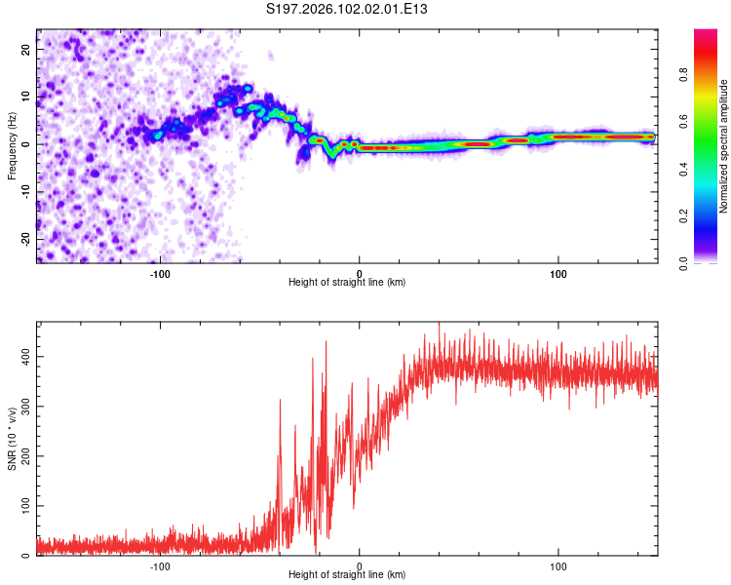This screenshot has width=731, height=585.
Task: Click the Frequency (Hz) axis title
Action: tap(12, 145)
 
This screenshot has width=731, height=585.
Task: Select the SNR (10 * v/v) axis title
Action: tap(12, 439)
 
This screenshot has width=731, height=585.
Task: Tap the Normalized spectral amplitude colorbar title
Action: tap(724, 145)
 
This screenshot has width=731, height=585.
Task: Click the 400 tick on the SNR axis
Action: tap(25, 357)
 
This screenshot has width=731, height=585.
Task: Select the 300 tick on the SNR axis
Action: tap(25, 407)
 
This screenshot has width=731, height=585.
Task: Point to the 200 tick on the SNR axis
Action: tap(25, 456)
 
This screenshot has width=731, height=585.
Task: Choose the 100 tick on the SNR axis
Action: tap(25, 506)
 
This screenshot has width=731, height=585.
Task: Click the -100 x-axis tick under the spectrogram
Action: tap(161, 273)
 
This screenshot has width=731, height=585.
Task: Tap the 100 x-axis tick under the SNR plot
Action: tap(558, 566)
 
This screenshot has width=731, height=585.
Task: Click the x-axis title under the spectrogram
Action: tap(347, 283)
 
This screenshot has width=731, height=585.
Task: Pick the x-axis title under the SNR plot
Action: tap(347, 576)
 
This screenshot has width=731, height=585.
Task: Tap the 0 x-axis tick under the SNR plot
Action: tap(360, 566)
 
